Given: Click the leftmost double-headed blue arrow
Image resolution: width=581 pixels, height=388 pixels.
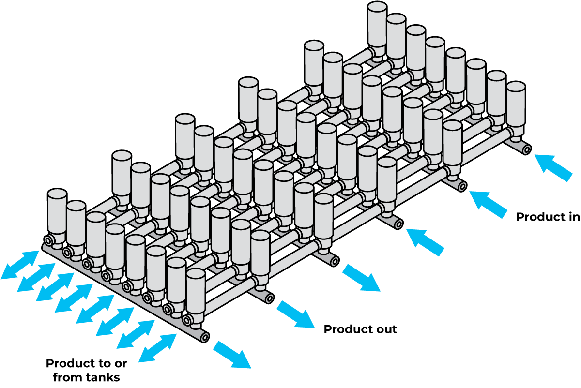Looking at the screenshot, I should [x=20, y=265].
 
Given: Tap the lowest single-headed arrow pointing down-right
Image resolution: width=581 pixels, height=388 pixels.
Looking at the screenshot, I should [x=232, y=355].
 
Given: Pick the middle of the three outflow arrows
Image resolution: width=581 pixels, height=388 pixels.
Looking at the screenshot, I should [x=296, y=314].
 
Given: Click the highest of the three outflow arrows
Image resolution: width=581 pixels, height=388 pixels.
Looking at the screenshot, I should [x=361, y=278].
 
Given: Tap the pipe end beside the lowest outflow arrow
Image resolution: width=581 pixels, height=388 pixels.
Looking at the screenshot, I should [x=205, y=337].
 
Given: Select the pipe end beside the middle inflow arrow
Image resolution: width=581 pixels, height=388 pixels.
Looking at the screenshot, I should [x=462, y=186].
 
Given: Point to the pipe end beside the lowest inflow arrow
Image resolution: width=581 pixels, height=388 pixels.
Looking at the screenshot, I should [x=398, y=224].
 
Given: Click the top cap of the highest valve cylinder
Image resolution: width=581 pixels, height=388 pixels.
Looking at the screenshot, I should [x=377, y=7].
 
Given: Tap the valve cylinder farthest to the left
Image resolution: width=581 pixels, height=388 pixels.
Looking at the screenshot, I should [x=57, y=213].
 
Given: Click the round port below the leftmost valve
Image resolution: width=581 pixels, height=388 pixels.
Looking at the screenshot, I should [x=48, y=240].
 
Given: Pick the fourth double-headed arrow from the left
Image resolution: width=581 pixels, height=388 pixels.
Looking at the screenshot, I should [x=74, y=298].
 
